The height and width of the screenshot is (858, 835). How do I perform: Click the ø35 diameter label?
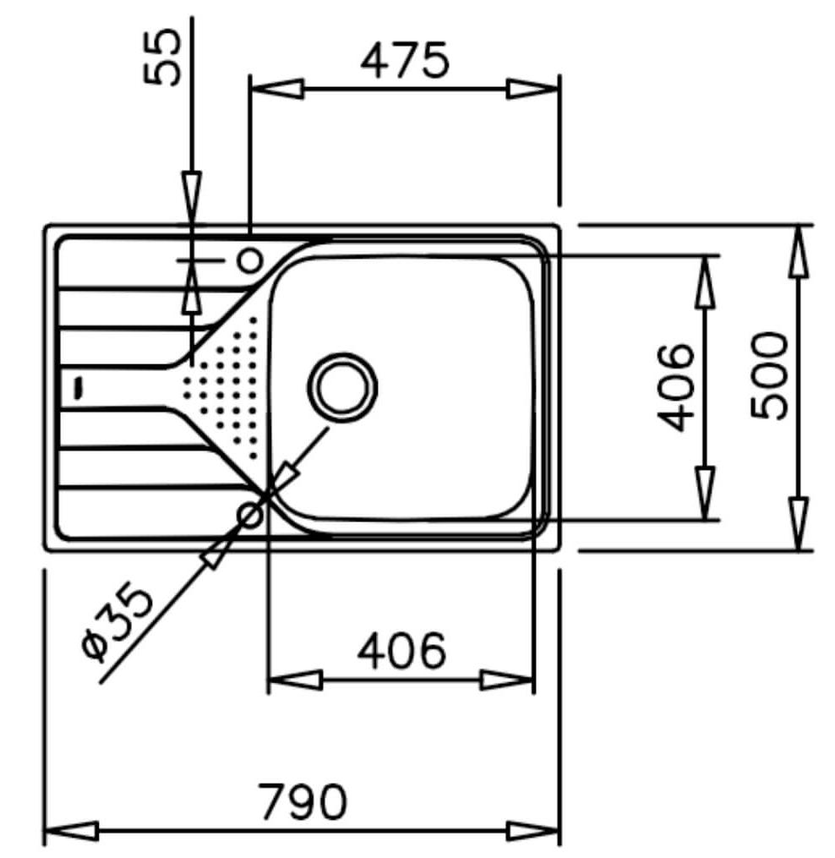pyautogui.click(x=118, y=623)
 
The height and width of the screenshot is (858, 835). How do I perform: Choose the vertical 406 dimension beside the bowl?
pyautogui.click(x=676, y=386)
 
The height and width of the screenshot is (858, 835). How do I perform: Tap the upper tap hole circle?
pyautogui.click(x=250, y=260)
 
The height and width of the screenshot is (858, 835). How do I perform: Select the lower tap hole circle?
pyautogui.click(x=251, y=513)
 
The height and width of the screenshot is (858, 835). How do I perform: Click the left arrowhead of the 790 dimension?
pyautogui.click(x=71, y=829)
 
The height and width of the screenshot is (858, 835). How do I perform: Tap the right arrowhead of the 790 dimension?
pyautogui.click(x=532, y=829)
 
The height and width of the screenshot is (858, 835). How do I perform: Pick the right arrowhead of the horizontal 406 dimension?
pyautogui.click(x=507, y=680)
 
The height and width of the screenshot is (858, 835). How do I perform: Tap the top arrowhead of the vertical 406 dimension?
pyautogui.click(x=703, y=282)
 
